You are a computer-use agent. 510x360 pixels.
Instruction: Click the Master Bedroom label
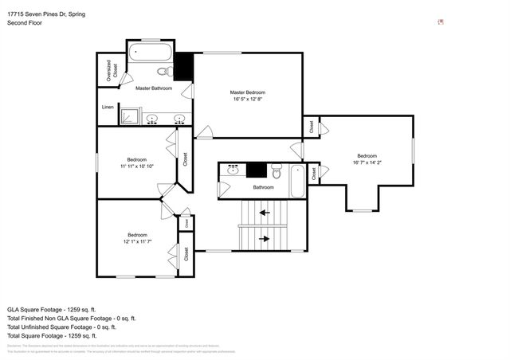pyautogui.click(x=247, y=92)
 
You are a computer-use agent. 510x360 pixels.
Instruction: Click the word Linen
pyautogui.click(x=108, y=106)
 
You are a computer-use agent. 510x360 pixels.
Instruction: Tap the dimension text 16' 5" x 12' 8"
pyautogui.click(x=247, y=99)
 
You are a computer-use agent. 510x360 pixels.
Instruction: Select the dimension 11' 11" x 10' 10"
pyautogui.click(x=137, y=166)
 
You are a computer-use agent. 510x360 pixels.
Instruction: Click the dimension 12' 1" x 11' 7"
pyautogui.click(x=137, y=241)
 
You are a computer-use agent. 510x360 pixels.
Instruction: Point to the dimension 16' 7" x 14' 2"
pyautogui.click(x=367, y=162)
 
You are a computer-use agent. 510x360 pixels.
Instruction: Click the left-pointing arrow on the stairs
pyautogui.click(x=262, y=213)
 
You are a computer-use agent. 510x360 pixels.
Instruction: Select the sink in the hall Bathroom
pyautogui.click(x=233, y=170)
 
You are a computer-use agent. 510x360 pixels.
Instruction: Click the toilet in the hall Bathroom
pyautogui.click(x=277, y=171)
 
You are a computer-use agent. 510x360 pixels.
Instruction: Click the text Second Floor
pyautogui.click(x=24, y=23)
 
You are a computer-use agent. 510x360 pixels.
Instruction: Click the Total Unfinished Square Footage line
pyautogui.click(x=61, y=327)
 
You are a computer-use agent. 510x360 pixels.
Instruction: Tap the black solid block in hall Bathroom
pyautogui.click(x=256, y=169)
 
